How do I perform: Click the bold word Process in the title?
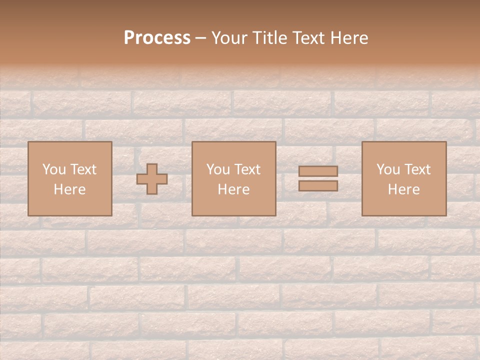click(x=157, y=38)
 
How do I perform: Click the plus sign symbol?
click(x=152, y=178)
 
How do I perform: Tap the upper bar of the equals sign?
click(x=318, y=171)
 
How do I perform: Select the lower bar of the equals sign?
click(x=318, y=185)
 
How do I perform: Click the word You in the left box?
click(x=54, y=169)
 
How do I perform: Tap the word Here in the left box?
click(x=69, y=189)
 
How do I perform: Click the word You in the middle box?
click(x=218, y=169)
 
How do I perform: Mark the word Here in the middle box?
click(x=233, y=189)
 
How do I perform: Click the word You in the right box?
click(x=388, y=169)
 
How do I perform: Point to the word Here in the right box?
click(x=403, y=189)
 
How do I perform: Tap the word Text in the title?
click(x=307, y=38)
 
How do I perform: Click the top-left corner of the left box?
click(x=28, y=142)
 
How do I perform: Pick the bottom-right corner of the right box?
click(x=446, y=215)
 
